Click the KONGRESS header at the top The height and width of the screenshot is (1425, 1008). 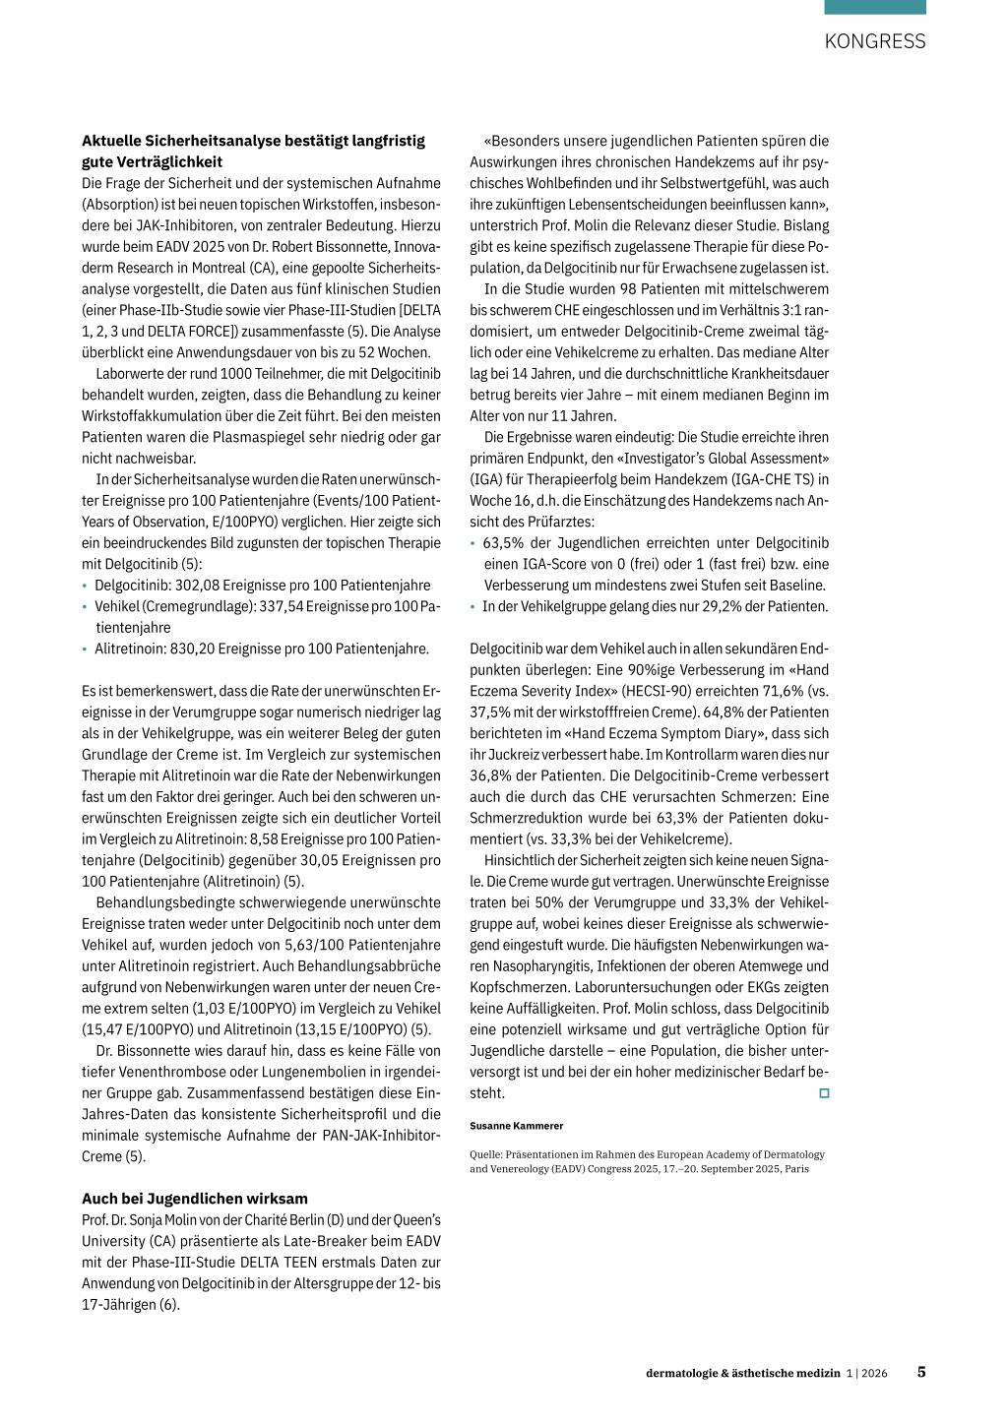click(x=874, y=41)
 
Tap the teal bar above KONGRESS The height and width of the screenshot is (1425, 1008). click(x=874, y=7)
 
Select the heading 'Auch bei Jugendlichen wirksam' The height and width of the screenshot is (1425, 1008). click(x=195, y=1199)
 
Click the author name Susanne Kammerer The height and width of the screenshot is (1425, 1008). click(x=517, y=1126)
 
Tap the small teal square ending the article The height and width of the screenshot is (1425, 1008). click(x=824, y=1093)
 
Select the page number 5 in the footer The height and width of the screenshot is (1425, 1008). click(x=921, y=1372)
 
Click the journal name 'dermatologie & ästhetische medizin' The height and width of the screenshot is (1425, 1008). click(x=743, y=1373)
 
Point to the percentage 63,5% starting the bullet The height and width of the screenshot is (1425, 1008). click(x=503, y=543)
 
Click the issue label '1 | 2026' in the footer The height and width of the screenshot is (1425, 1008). click(x=867, y=1373)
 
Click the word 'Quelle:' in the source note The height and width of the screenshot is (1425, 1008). click(x=485, y=1155)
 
